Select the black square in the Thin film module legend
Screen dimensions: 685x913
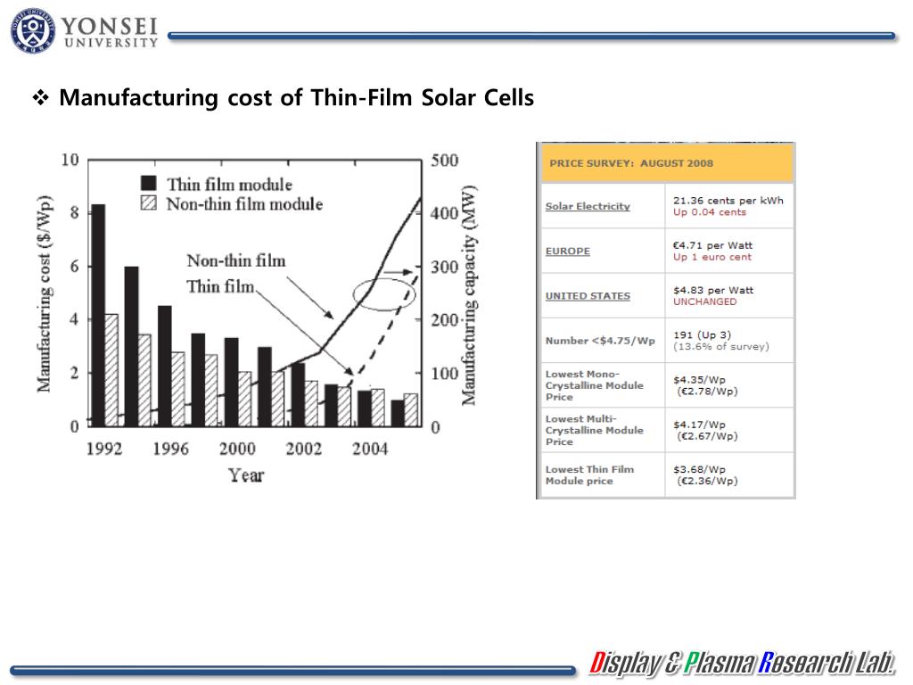[x=149, y=184]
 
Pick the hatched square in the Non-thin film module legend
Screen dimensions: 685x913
[x=149, y=203]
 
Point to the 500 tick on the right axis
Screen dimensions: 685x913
[x=444, y=161]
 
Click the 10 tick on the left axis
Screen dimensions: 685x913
[x=70, y=161]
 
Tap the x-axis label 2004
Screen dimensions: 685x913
[x=369, y=449]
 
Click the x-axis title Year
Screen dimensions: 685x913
[x=245, y=475]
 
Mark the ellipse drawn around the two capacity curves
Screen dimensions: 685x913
[x=384, y=293]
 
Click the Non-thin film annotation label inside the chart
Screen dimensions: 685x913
[x=235, y=260]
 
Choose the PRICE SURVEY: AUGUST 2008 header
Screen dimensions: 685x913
[x=631, y=163]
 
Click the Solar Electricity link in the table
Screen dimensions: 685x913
[x=588, y=206]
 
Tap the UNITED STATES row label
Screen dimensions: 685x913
[x=588, y=296]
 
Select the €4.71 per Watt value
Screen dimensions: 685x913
[x=712, y=245]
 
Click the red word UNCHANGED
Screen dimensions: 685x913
[x=704, y=301]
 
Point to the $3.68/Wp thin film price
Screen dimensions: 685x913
[x=699, y=469]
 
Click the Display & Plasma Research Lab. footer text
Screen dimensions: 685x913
[x=742, y=664]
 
